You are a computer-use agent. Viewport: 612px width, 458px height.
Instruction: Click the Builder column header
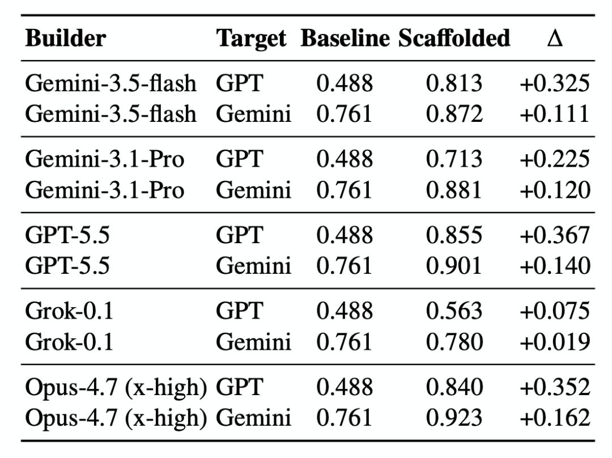66,39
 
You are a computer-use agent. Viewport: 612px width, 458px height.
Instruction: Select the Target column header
252,39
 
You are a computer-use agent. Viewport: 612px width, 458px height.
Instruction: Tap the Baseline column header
345,39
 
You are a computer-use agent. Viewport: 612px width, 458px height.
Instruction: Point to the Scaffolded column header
454,39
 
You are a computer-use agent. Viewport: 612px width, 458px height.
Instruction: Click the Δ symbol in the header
555,39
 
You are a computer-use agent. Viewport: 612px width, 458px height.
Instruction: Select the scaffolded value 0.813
454,83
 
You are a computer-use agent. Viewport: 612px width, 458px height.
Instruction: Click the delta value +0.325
555,83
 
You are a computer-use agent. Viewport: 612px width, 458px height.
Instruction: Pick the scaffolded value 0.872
454,113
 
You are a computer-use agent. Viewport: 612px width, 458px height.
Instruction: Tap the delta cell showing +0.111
555,113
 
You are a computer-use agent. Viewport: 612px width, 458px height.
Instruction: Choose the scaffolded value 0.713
454,159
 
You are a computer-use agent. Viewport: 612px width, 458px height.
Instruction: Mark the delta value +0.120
555,190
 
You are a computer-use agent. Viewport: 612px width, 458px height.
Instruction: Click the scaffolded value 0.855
454,235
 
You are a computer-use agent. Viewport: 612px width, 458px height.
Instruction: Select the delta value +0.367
555,235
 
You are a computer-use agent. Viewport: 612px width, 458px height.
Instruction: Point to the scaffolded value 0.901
454,265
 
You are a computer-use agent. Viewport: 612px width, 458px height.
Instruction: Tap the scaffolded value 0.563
454,311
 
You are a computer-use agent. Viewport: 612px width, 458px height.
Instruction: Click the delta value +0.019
555,342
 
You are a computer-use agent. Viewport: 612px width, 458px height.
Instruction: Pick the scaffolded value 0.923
454,417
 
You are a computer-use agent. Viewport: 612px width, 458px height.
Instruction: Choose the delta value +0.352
555,387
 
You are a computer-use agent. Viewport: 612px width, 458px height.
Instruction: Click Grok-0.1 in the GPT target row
69,311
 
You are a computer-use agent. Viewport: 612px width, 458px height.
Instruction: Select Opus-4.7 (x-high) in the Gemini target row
116,418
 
